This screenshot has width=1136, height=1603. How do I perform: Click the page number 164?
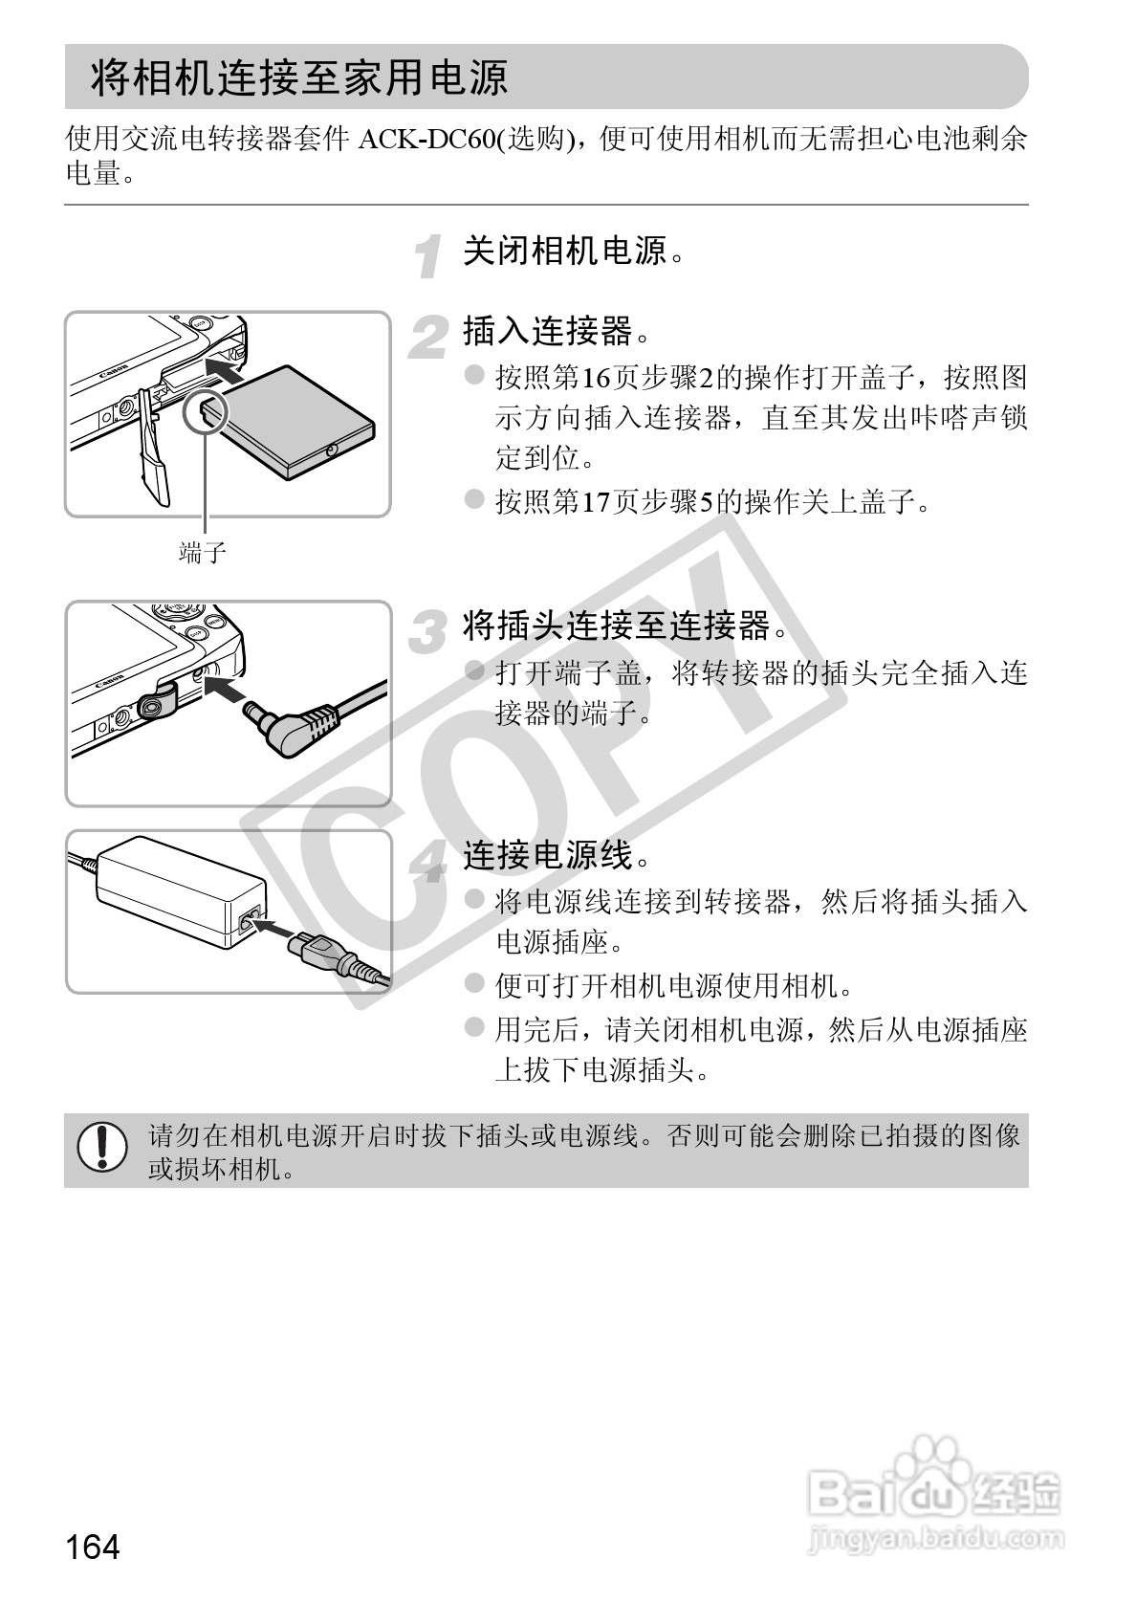93,1545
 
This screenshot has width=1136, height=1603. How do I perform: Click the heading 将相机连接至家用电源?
299,77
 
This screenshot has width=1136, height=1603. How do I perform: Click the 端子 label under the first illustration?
203,552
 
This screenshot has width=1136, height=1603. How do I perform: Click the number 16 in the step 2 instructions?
596,379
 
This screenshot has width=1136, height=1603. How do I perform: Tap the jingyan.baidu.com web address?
936,1540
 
